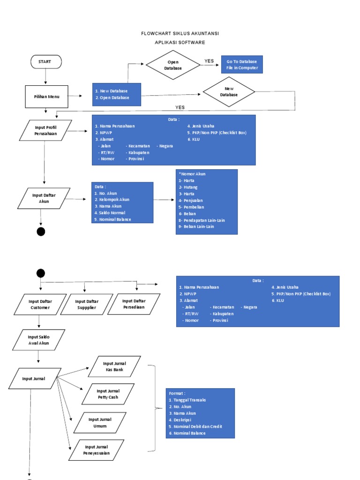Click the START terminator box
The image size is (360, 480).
pyautogui.click(x=46, y=61)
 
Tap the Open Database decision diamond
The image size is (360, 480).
pyautogui.click(x=173, y=65)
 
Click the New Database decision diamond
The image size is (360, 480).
pyautogui.click(x=229, y=91)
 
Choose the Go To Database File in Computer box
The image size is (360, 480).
pyautogui.click(x=242, y=65)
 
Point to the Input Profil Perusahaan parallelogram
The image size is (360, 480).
pyautogui.click(x=45, y=130)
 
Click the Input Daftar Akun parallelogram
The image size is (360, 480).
pyautogui.click(x=44, y=198)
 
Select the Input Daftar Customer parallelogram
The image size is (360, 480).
pyautogui.click(x=40, y=304)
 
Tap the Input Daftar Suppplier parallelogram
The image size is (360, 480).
pyautogui.click(x=87, y=304)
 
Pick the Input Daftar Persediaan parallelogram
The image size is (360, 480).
pyautogui.click(x=134, y=304)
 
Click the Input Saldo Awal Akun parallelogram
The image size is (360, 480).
pyautogui.click(x=38, y=340)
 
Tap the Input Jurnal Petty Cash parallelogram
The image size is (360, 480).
pyautogui.click(x=108, y=394)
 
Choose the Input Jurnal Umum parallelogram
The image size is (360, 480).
pyautogui.click(x=100, y=423)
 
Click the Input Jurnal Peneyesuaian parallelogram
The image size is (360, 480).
pyautogui.click(x=97, y=450)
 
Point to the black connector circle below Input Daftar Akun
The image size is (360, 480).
pyautogui.click(x=41, y=231)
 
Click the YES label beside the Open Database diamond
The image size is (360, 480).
pyautogui.click(x=209, y=61)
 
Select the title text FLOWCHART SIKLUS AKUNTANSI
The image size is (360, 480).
pyautogui.click(x=180, y=34)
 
